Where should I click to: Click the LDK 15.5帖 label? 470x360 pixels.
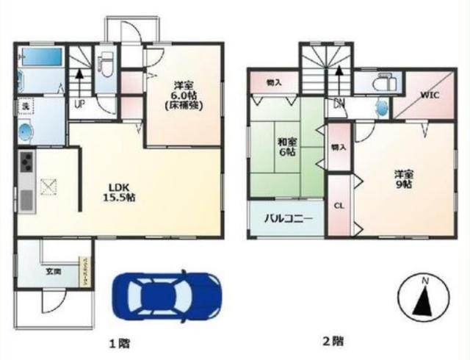click(117, 192)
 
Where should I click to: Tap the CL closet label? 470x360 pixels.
click(339, 206)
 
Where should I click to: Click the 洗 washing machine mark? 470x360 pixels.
click(24, 107)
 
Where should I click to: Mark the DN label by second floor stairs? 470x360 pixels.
click(339, 103)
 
